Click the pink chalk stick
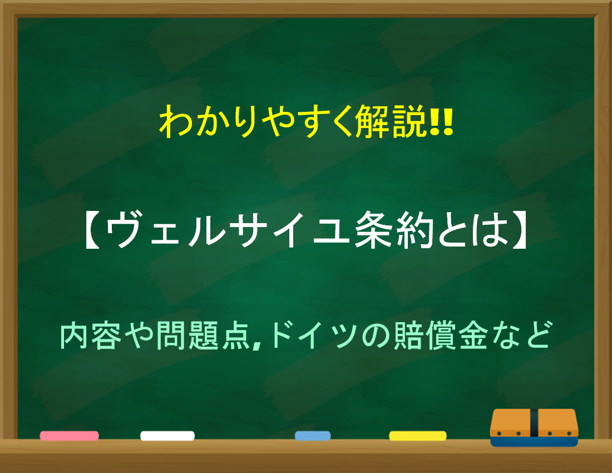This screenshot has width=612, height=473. click(x=69, y=436)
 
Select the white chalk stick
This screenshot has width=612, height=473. click(x=167, y=436)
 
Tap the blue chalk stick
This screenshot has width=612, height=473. click(x=313, y=436)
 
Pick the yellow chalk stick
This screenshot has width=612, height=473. click(x=418, y=436)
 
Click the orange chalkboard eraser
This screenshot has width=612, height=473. click(x=534, y=427)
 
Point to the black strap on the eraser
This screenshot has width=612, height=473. click(x=534, y=423)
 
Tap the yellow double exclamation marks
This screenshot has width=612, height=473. click(x=441, y=122)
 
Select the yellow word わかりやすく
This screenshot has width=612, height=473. click(x=257, y=122)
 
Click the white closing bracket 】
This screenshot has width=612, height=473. click(x=519, y=230)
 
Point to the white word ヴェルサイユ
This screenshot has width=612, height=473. click(x=228, y=230)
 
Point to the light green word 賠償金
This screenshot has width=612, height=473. click(x=440, y=336)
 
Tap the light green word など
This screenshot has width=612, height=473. click(x=521, y=336)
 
